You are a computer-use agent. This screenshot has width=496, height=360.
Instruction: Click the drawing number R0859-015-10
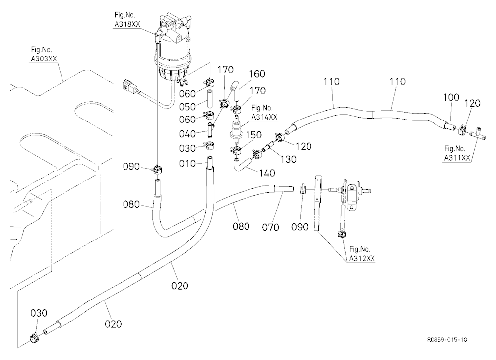pyautogui.click(x=447, y=340)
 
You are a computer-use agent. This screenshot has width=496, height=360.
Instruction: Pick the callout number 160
pyautogui.click(x=257, y=74)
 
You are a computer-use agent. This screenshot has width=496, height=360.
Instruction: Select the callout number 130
pyautogui.click(x=288, y=159)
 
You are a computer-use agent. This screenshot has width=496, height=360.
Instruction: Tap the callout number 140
pyautogui.click(x=267, y=173)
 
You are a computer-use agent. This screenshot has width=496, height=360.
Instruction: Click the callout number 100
pyautogui.click(x=451, y=97)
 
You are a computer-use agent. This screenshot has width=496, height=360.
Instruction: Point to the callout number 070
pyautogui.click(x=271, y=227)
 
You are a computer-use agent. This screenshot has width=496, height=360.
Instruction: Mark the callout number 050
pyautogui.click(x=187, y=107)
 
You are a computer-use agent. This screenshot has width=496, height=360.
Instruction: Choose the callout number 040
pyautogui.click(x=187, y=134)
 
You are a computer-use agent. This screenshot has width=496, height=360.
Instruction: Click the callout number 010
pyautogui.click(x=187, y=164)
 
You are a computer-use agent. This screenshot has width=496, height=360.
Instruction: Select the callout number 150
pyautogui.click(x=254, y=135)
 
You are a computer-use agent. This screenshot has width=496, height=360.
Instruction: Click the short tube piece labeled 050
pyautogui.click(x=209, y=99)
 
